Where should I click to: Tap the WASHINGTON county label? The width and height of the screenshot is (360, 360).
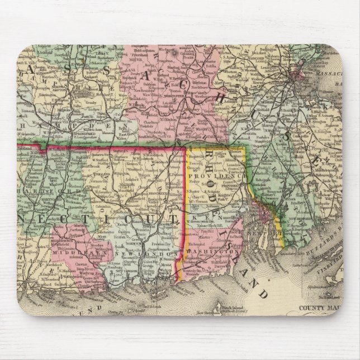[x=215, y=253]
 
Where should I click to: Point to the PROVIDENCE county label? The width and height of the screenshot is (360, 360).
[x=209, y=175]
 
